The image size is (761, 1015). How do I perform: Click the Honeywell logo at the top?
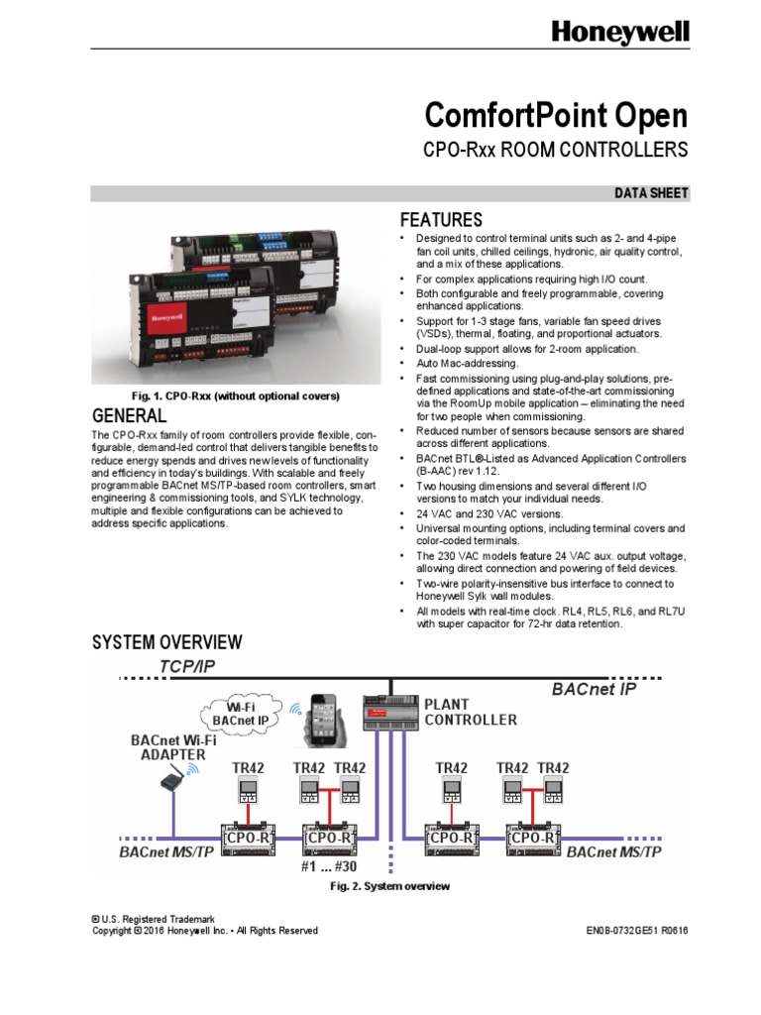[x=619, y=34]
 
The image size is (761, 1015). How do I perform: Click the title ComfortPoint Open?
[x=555, y=116]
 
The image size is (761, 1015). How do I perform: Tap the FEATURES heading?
[x=440, y=220]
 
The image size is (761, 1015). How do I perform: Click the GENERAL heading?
[x=129, y=414]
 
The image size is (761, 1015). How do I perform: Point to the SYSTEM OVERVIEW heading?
[x=166, y=643]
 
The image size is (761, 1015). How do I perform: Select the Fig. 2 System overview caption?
[x=389, y=885]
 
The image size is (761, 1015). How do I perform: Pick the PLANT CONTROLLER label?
[x=471, y=712]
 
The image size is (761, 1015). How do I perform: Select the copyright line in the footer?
[x=205, y=931]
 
